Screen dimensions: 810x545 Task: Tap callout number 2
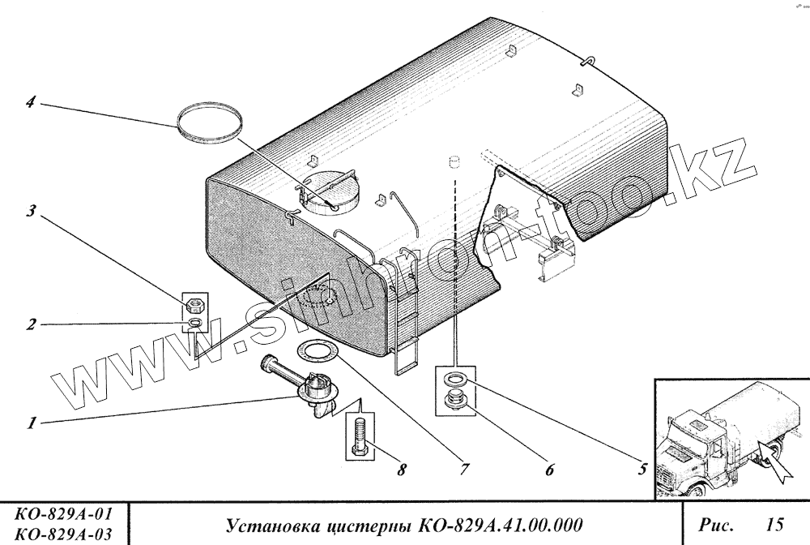pyautogui.click(x=29, y=325)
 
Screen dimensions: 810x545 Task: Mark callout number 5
pyautogui.click(x=640, y=468)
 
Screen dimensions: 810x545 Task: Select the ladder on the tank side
pyautogui.click(x=405, y=316)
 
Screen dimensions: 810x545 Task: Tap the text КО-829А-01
pyautogui.click(x=64, y=513)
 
